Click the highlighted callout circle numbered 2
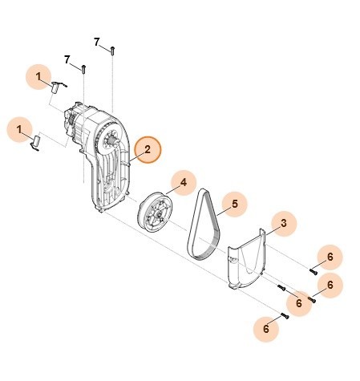click(x=148, y=149)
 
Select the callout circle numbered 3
click(x=281, y=221)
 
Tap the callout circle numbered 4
click(x=183, y=183)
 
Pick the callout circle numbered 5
click(x=235, y=205)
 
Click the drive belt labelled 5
click(x=205, y=229)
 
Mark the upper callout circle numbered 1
click(x=38, y=76)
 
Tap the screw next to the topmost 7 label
click(x=114, y=50)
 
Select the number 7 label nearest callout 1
click(x=68, y=60)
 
